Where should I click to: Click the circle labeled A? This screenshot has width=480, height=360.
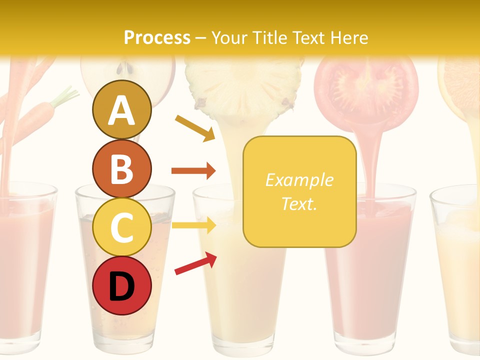[x=121, y=109]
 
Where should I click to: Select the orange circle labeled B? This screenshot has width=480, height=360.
[x=121, y=168]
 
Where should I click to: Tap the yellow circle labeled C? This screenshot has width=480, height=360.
[x=121, y=227]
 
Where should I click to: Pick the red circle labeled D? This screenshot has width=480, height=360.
[x=121, y=285]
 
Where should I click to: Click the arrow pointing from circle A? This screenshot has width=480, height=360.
[x=195, y=128]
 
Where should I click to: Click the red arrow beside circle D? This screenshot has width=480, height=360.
[x=195, y=263]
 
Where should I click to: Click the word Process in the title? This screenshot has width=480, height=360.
[x=157, y=37]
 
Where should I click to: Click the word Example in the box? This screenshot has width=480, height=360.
[x=299, y=180]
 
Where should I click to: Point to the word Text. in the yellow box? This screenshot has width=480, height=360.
[x=299, y=203]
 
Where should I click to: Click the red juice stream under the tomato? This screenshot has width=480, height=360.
[x=370, y=160]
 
